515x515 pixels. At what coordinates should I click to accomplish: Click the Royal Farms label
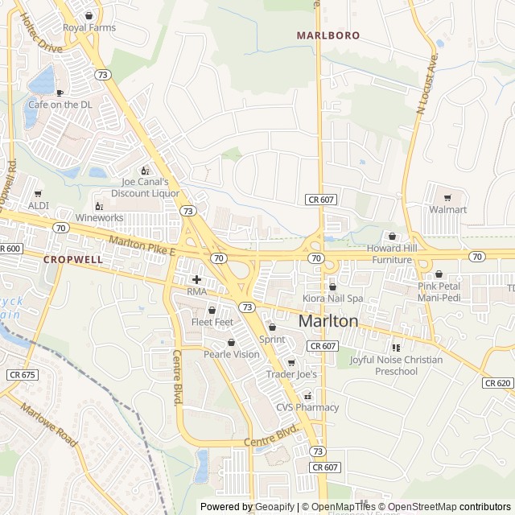[89, 27]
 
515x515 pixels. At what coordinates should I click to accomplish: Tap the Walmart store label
[448, 209]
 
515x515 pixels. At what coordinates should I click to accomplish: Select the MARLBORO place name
[328, 35]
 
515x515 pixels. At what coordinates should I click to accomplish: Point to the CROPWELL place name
[73, 260]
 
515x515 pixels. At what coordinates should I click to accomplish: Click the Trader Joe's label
[292, 374]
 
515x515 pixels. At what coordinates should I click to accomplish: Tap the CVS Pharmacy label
[307, 407]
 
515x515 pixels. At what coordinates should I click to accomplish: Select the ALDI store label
[39, 205]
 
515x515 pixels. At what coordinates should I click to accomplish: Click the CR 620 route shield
[499, 383]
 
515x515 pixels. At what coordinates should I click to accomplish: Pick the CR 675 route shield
[23, 375]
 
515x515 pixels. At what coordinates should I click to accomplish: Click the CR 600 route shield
[10, 249]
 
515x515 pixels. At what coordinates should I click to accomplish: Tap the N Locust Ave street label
[427, 84]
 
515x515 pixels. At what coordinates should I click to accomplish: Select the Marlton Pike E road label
[142, 246]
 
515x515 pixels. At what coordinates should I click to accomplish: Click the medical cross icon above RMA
[196, 279]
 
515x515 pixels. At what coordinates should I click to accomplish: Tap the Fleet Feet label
[212, 322]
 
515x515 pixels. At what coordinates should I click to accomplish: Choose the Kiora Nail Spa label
[333, 299]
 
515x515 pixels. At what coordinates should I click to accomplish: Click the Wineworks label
[100, 217]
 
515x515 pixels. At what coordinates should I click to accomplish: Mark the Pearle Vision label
[232, 354]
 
